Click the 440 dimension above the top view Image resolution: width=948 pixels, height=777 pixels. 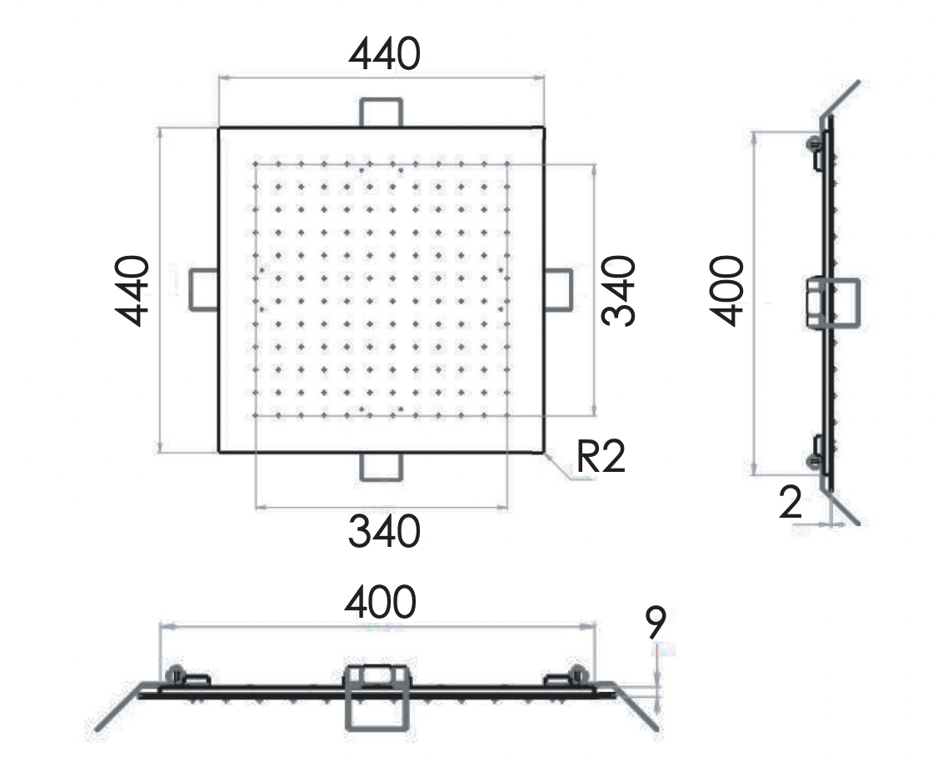tap(384, 55)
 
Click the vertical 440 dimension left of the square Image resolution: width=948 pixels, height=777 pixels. tap(132, 290)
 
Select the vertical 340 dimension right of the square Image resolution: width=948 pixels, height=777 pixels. tap(620, 290)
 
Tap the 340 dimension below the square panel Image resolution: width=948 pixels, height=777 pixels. tap(384, 532)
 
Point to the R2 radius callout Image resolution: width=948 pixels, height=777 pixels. tap(601, 458)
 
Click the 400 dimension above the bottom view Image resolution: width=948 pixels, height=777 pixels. tap(380, 602)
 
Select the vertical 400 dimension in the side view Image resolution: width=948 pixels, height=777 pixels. tap(726, 290)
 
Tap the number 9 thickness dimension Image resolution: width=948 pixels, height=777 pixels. tap(656, 621)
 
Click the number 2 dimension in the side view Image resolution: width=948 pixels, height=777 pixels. tap(791, 503)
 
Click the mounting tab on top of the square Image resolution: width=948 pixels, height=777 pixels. tap(382, 112)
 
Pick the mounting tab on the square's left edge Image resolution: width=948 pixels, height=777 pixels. tap(204, 289)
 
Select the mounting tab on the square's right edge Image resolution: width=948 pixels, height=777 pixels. tap(558, 289)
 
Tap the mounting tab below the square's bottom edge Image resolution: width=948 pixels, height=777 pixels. tap(382, 467)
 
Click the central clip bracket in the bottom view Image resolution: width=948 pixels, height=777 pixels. tap(377, 696)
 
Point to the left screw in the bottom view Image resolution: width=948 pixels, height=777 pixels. tap(176, 674)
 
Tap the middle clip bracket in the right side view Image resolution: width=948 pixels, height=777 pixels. tap(832, 303)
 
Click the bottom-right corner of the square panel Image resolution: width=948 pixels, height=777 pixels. tap(543, 451)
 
